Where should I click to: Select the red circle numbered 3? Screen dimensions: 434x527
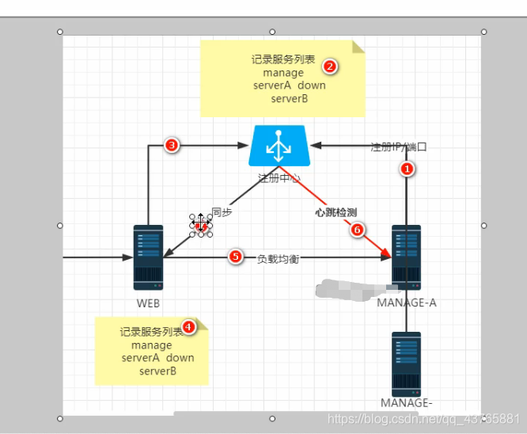pos(170,145)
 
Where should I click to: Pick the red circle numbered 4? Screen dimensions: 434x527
pos(188,325)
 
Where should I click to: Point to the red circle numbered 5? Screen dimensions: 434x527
pos(234,257)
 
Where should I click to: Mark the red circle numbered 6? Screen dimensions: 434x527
pos(356,230)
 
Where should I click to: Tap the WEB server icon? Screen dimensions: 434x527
pos(148,257)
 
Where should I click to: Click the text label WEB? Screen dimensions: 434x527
pos(149,303)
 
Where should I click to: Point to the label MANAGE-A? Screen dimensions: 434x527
pos(406,303)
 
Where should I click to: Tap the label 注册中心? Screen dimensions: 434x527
pos(279,178)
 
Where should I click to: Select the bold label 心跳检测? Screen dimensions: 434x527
pos(336,212)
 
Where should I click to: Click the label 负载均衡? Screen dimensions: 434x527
pos(278,258)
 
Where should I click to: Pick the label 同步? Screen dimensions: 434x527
pos(222,213)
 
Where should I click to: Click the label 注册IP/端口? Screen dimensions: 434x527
pos(399,147)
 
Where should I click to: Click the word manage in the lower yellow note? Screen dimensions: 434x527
pos(152,345)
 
